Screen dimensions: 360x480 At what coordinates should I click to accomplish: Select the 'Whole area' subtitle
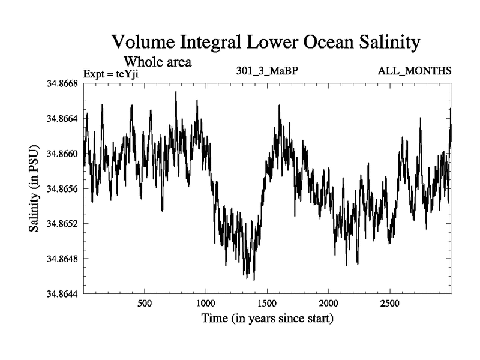tap(157, 61)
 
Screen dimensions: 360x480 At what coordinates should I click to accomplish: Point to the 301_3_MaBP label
tap(268, 71)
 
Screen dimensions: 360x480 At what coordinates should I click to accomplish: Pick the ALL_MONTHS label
tap(414, 71)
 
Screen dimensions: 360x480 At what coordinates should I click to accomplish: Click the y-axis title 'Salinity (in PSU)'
tap(34, 188)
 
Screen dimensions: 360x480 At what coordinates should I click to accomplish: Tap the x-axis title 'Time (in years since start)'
tap(267, 318)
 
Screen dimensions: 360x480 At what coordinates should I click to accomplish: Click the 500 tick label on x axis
tap(145, 303)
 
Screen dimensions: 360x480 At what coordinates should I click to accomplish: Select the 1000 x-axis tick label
tap(206, 303)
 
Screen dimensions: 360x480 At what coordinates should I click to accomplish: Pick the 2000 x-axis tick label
tap(329, 303)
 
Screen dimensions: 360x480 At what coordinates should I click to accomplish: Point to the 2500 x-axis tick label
tap(390, 303)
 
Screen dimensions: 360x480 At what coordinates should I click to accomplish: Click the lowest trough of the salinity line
tap(254, 280)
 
